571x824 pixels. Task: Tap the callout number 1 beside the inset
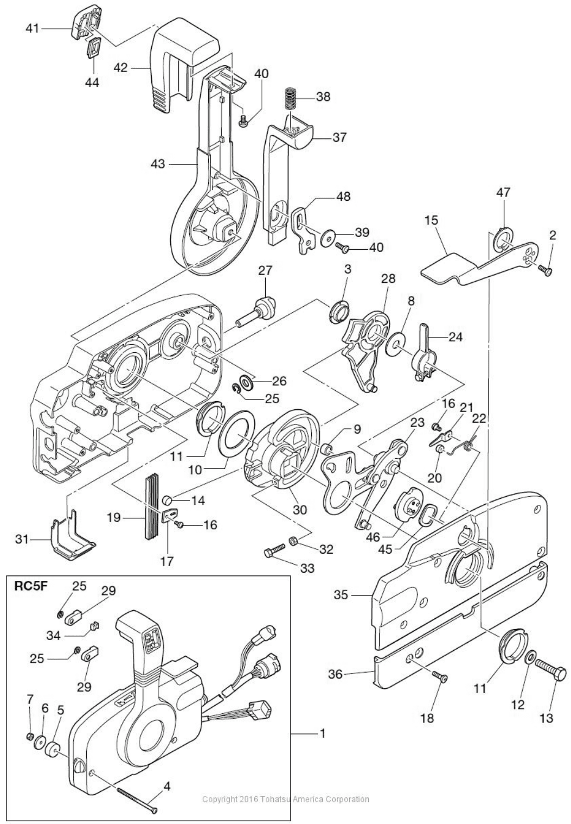322,733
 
